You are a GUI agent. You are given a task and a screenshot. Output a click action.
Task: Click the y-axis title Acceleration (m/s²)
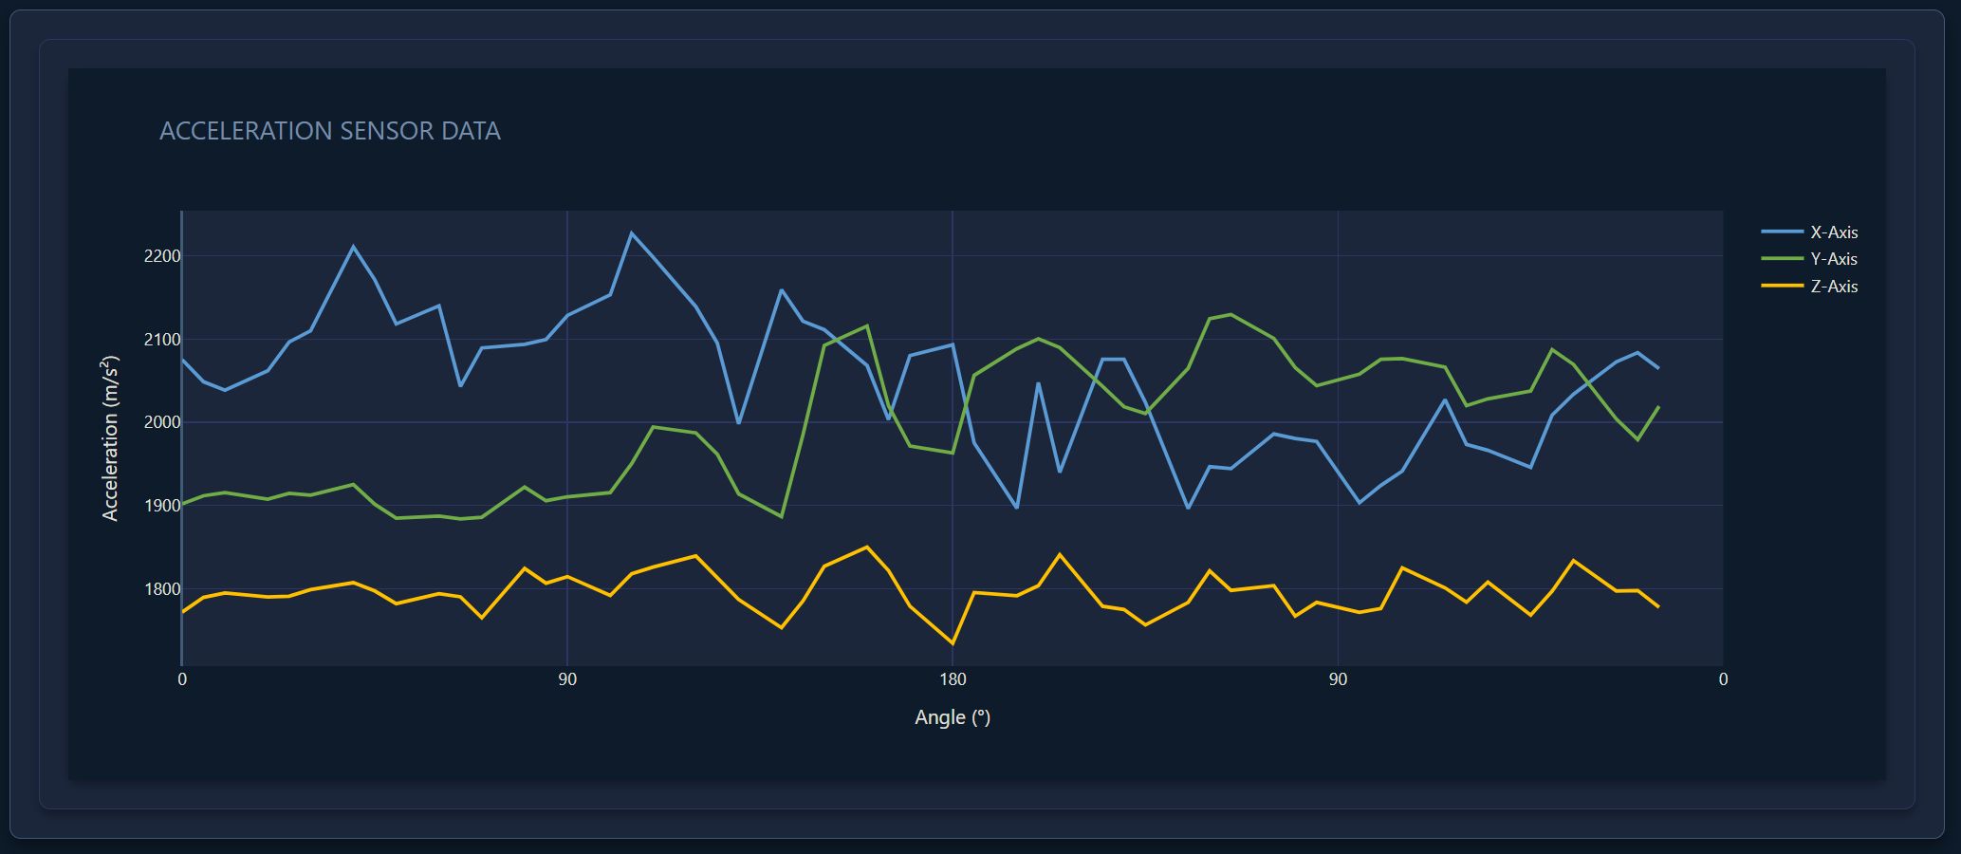click(x=110, y=438)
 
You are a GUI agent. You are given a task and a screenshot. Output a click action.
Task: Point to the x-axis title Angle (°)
click(x=953, y=717)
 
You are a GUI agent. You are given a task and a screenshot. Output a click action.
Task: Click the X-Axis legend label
click(x=1834, y=232)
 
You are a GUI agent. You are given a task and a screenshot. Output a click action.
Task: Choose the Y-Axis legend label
click(x=1834, y=259)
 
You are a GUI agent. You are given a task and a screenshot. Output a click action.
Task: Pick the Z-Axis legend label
click(x=1834, y=287)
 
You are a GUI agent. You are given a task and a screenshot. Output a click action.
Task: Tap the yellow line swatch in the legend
click(x=1782, y=286)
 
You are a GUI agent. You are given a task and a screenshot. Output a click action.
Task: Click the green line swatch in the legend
click(x=1782, y=258)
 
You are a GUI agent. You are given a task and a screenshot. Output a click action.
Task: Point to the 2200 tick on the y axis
click(x=162, y=256)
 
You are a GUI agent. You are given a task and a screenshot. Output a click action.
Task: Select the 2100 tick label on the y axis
click(x=162, y=340)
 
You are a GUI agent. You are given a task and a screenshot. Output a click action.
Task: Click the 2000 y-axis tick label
click(x=162, y=422)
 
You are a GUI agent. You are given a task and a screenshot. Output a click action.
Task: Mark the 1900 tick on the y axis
click(x=162, y=506)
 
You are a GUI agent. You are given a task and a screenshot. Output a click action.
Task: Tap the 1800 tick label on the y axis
click(x=162, y=589)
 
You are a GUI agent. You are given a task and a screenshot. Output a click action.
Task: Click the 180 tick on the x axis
click(x=953, y=679)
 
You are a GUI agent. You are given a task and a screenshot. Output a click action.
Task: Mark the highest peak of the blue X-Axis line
click(x=632, y=232)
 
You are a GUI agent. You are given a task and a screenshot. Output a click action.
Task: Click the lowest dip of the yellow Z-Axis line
click(x=953, y=643)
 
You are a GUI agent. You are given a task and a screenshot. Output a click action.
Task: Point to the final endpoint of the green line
click(x=1658, y=407)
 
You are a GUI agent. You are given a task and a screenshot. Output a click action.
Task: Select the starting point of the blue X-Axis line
click(x=182, y=359)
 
